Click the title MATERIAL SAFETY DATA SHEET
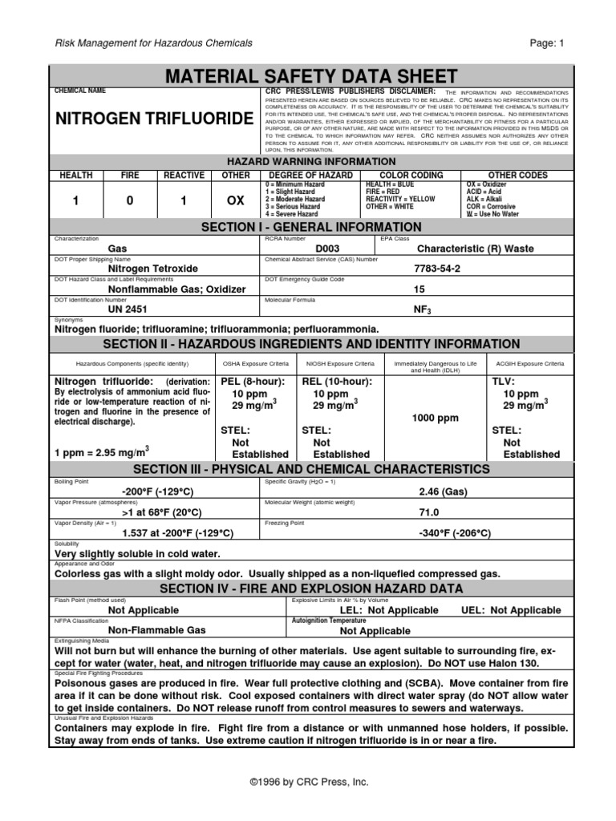pyautogui.click(x=310, y=77)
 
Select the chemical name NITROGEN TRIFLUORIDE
pyautogui.click(x=153, y=119)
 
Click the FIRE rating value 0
pyautogui.click(x=129, y=203)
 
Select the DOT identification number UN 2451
pyautogui.click(x=128, y=309)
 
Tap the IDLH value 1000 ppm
pyautogui.click(x=436, y=419)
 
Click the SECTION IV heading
pyautogui.click(x=310, y=589)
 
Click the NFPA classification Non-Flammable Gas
pyautogui.click(x=156, y=630)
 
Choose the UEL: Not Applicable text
pyautogui.click(x=511, y=610)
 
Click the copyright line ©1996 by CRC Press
pyautogui.click(x=308, y=782)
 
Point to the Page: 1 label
pyautogui.click(x=548, y=42)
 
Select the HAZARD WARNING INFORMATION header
pyautogui.click(x=310, y=162)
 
